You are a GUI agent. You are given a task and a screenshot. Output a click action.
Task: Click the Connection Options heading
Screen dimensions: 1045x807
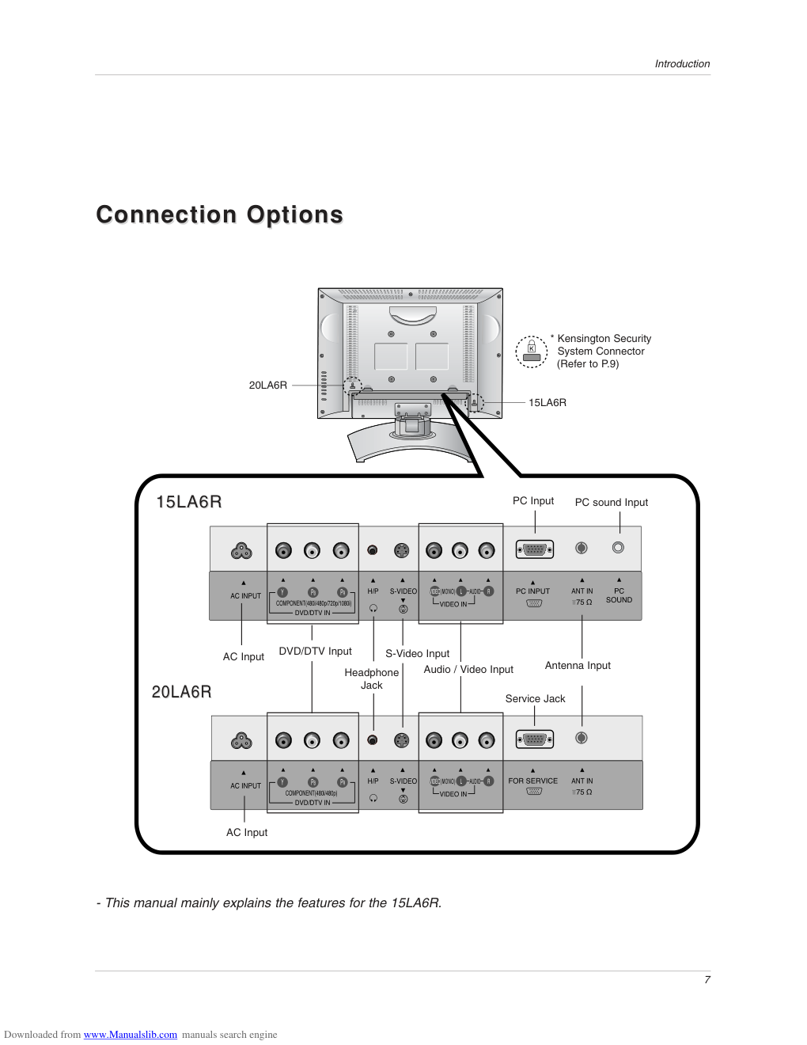219,215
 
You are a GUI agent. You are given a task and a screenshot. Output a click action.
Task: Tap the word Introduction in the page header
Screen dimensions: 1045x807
682,64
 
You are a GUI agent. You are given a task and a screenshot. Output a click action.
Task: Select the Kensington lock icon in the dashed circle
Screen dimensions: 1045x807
532,351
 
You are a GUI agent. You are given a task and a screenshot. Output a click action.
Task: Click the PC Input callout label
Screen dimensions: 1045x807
532,501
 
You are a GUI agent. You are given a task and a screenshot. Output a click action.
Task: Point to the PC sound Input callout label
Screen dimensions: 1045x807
611,503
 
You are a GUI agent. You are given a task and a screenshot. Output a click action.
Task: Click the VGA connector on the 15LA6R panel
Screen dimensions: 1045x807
534,549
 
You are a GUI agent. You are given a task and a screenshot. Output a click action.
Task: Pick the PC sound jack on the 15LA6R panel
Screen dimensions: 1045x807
618,548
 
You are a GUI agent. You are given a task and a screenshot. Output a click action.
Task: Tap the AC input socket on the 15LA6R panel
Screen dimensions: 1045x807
241,550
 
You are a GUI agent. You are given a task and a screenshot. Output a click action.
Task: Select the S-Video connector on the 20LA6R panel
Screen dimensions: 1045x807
402,740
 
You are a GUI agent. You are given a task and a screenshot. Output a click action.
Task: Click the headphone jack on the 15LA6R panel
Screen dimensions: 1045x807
373,550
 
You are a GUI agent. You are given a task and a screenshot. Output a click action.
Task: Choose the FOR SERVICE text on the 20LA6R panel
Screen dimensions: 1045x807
532,781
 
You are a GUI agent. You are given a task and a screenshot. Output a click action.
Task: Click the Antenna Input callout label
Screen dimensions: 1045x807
578,666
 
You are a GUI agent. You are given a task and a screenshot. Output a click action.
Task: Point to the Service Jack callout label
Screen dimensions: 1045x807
535,699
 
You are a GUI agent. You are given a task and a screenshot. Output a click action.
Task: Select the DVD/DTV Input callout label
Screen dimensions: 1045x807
315,652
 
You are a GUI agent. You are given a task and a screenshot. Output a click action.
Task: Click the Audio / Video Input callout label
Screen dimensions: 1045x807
468,670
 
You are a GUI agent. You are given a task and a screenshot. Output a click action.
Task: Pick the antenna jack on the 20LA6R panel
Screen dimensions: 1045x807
582,738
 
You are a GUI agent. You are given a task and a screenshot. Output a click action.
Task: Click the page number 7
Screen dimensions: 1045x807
707,980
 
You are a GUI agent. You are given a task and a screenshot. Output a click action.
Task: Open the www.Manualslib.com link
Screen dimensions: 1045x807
131,1035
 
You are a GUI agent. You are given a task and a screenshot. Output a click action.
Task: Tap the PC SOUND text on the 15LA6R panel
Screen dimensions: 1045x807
619,595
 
